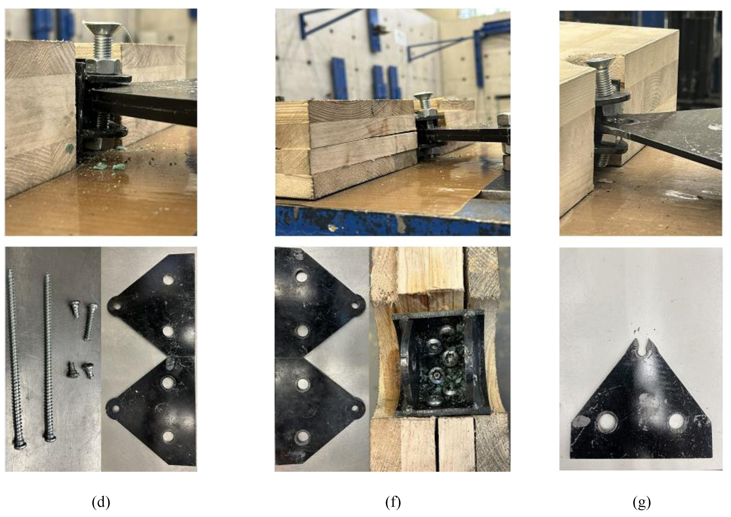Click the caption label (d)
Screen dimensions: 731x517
[x=101, y=503]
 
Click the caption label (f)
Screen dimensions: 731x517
[x=393, y=503]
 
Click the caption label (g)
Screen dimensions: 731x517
[x=642, y=503]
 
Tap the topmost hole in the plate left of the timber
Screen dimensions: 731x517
[x=301, y=276]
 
